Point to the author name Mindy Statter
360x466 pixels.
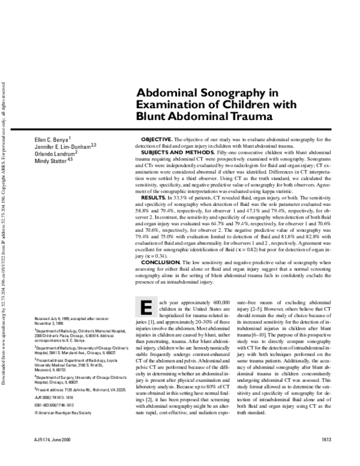[x=52, y=161]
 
